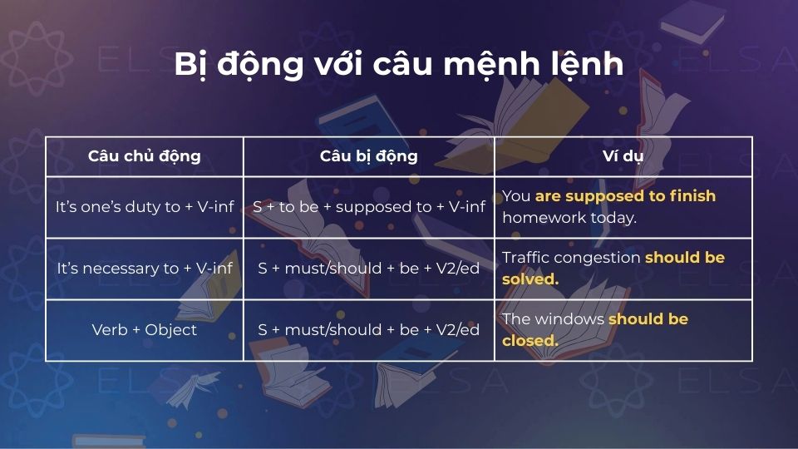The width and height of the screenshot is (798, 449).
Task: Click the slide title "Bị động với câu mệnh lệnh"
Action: [x=398, y=65]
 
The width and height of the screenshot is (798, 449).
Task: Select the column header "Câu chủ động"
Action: [x=144, y=156]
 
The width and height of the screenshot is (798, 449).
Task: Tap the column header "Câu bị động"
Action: [x=368, y=156]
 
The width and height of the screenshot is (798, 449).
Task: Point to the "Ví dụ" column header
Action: [x=623, y=156]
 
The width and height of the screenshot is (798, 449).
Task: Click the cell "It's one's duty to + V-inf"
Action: [x=145, y=207]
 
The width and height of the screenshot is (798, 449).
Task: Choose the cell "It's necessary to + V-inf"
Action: [x=145, y=269]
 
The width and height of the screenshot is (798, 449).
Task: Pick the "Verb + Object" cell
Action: [x=145, y=330]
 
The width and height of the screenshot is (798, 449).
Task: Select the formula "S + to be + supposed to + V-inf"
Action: [x=368, y=207]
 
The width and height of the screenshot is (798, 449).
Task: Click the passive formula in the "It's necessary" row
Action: [x=368, y=269]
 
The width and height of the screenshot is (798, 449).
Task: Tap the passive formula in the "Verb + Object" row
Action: [x=368, y=330]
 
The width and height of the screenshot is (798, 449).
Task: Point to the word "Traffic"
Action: [x=525, y=258]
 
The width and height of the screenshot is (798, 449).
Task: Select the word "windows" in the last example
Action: [x=569, y=319]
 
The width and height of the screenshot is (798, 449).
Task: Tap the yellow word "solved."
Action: [x=530, y=279]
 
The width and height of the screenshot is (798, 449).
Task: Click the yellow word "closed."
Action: [x=530, y=341]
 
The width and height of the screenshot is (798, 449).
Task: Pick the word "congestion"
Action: [x=597, y=258]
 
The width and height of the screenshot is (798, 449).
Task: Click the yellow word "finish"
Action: [x=694, y=196]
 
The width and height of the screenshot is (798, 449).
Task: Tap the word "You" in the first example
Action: [x=516, y=196]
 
